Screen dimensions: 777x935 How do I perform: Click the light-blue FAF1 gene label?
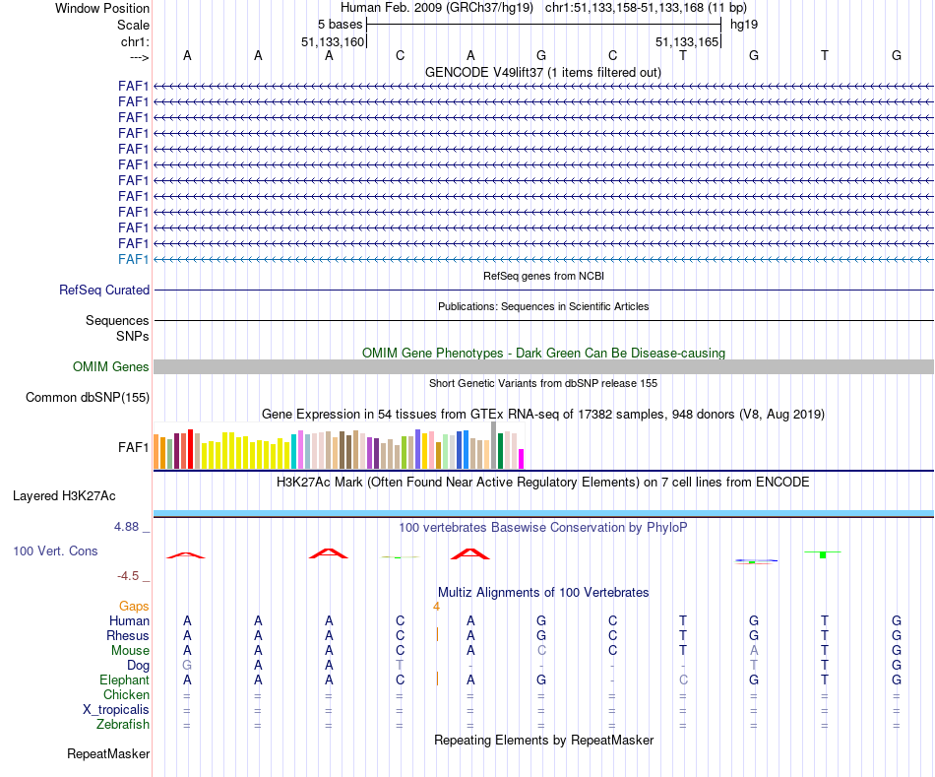[x=133, y=259]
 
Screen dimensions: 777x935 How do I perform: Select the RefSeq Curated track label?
[x=104, y=291]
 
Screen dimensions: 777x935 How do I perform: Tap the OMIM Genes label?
[x=111, y=366]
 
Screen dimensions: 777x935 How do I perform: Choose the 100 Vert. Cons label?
[x=55, y=550]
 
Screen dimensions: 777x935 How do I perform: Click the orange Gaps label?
[x=134, y=606]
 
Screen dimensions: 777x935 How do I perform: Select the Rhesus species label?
[x=128, y=635]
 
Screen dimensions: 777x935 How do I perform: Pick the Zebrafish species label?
[x=125, y=725]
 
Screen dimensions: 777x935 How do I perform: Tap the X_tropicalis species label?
[x=116, y=710]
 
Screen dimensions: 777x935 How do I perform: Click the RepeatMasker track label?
[x=108, y=754]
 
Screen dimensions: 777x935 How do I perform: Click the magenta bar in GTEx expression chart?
[x=522, y=459]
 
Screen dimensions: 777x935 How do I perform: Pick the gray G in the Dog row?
[x=187, y=666]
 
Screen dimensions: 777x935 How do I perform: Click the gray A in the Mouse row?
[x=754, y=650]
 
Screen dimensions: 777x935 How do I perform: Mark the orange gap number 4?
[x=436, y=606]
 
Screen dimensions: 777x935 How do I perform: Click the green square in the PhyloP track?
[x=822, y=555]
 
